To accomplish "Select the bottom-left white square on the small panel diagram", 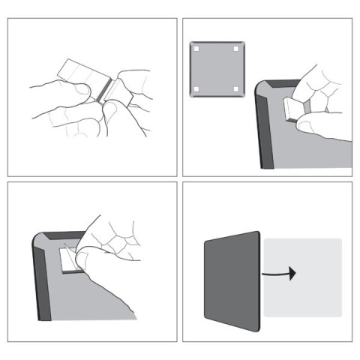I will [196, 89].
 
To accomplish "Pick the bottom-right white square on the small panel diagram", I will [236, 89].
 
